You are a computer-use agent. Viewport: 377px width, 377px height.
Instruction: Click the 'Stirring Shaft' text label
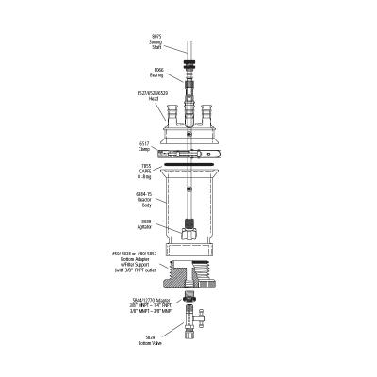point(156,42)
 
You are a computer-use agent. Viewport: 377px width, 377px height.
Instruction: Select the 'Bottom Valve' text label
point(157,342)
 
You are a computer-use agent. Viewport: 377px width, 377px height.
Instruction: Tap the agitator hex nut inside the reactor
point(189,229)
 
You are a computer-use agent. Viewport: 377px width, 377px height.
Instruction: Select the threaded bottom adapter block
point(192,280)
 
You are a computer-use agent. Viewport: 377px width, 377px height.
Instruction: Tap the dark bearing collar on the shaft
point(190,65)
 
